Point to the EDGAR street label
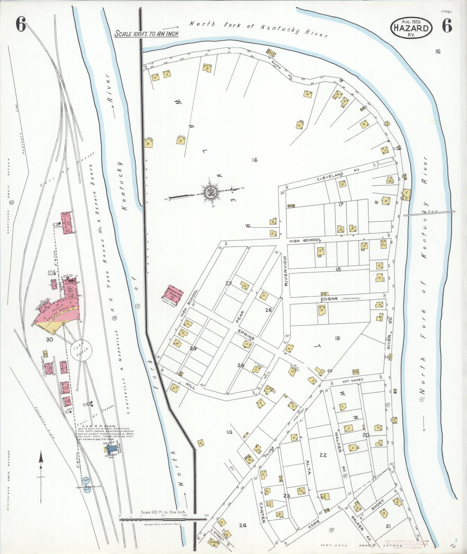pyautogui.click(x=329, y=299)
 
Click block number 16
pyautogui.click(x=254, y=160)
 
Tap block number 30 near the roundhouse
pyautogui.click(x=49, y=339)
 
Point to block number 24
pyautogui.click(x=243, y=525)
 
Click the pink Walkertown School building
pyautogui.click(x=175, y=295)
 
